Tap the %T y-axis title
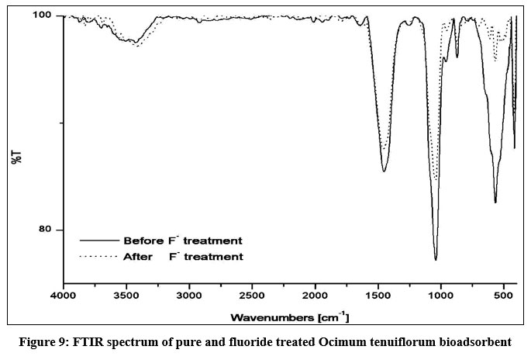point(16,157)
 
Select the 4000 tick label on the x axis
point(64,296)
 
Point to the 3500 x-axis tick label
point(126,296)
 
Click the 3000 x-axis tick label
point(189,296)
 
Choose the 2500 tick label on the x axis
point(252,296)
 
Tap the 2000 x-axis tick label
point(315,296)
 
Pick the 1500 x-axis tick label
point(378,296)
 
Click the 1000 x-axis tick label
point(440,296)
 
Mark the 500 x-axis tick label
point(503,296)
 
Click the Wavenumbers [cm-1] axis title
point(290,317)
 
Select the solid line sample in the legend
point(99,241)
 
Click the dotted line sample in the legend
point(98,257)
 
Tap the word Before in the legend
point(143,241)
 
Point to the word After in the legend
point(138,257)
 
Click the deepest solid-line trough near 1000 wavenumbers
point(436,260)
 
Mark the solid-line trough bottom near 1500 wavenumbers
point(384,171)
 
